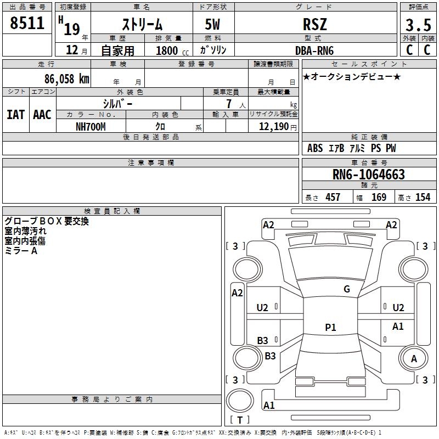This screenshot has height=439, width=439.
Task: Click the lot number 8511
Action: [x=27, y=23]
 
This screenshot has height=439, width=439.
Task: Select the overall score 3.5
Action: [x=418, y=25]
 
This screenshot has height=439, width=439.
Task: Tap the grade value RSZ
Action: [x=315, y=24]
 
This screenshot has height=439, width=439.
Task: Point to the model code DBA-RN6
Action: [x=314, y=50]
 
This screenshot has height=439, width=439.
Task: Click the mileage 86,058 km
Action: [x=67, y=78]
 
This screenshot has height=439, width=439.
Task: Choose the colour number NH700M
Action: [x=91, y=127]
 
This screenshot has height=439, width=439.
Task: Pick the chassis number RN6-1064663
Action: [x=369, y=174]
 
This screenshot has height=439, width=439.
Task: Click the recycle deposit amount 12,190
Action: [x=273, y=127]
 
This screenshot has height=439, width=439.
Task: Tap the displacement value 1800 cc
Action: [x=172, y=50]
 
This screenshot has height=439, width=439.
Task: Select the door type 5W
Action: [x=212, y=24]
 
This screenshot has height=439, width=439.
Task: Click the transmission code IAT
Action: [x=16, y=115]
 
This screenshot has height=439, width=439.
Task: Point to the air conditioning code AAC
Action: [x=42, y=115]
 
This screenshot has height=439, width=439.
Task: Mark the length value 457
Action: [x=333, y=197]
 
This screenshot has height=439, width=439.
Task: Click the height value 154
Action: [x=423, y=197]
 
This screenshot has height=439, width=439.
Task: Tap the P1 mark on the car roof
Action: [x=330, y=327]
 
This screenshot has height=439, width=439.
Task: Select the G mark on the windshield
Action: [x=347, y=289]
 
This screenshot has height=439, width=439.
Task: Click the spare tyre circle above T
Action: [x=240, y=401]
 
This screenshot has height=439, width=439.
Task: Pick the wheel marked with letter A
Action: [x=414, y=358]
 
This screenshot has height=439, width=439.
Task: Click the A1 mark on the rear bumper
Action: [x=269, y=405]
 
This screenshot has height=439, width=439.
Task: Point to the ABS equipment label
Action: [x=315, y=148]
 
